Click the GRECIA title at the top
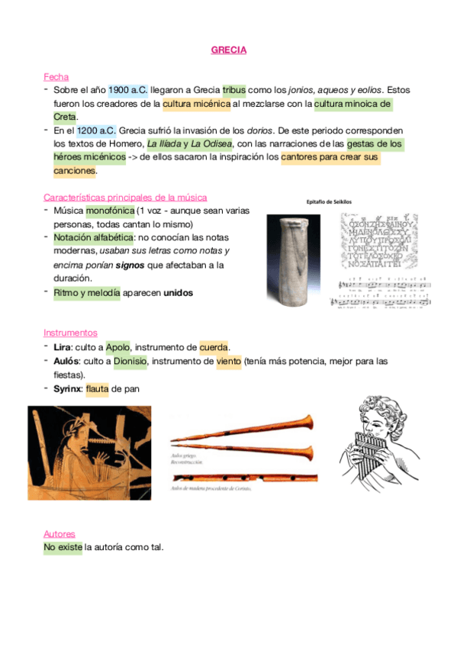point(228,50)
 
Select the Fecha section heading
point(56,76)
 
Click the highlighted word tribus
point(234,90)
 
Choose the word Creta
point(65,117)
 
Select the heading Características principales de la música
point(125,197)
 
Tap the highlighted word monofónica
point(109,211)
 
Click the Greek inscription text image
point(378,241)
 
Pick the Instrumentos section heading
point(70,333)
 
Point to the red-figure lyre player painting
point(89,452)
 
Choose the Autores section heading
point(60,533)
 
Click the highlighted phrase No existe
point(63,547)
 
